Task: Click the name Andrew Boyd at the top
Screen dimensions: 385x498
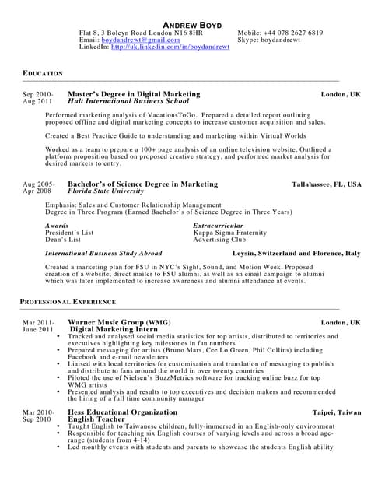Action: pos(191,24)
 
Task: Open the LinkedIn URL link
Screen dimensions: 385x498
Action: pos(170,47)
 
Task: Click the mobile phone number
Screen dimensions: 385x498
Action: pos(292,33)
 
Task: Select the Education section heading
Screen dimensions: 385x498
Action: pos(43,73)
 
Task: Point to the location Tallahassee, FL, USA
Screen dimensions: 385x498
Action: pos(326,184)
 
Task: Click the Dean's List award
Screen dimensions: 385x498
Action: pos(63,240)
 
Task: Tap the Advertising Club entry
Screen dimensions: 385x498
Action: pos(219,240)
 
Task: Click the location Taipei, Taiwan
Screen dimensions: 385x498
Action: pos(337,412)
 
